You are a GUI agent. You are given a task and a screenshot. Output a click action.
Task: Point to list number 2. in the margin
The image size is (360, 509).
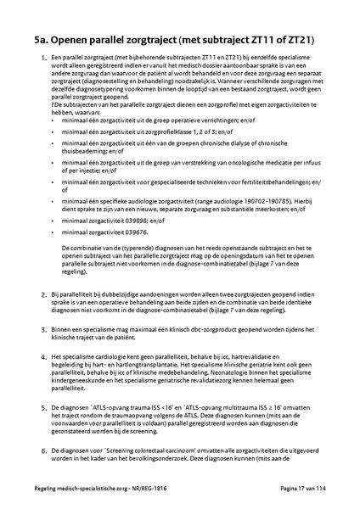[x=44, y=294]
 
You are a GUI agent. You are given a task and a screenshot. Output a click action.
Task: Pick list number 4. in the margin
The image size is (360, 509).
[x=44, y=359]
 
